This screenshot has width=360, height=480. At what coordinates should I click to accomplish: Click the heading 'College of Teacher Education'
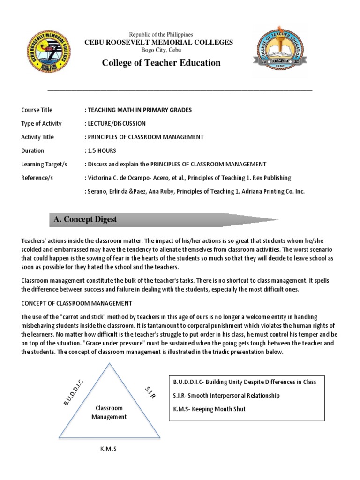coord(161,63)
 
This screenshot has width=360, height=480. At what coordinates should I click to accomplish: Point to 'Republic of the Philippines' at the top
coord(161,35)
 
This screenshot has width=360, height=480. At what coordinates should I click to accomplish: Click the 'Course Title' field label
coord(37,110)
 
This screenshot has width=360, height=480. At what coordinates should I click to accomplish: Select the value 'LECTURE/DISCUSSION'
coord(116,124)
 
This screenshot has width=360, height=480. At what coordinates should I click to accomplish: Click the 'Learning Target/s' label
coord(45,165)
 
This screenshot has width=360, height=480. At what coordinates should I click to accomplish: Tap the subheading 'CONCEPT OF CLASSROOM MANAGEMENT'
coord(77,303)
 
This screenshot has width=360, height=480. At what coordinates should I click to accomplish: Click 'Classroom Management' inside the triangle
coord(108,412)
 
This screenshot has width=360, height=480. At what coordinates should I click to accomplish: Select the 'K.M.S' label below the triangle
coord(108,449)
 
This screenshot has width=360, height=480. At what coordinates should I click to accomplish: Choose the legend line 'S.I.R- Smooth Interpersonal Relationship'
coord(226,396)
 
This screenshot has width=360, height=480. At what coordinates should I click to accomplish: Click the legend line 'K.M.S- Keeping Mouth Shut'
coord(209,409)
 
